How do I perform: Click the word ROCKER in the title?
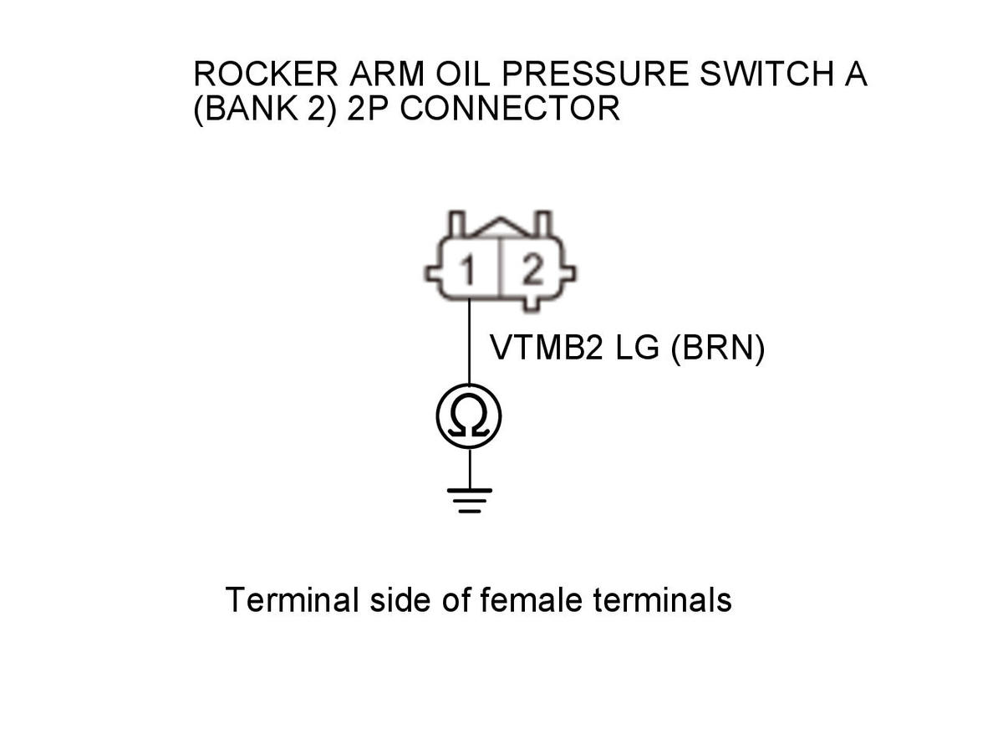pyautogui.click(x=266, y=74)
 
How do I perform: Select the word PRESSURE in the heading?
pyautogui.click(x=595, y=74)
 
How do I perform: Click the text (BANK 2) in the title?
pyautogui.click(x=265, y=109)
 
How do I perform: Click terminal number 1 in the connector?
pyautogui.click(x=468, y=270)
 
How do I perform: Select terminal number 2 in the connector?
pyautogui.click(x=533, y=269)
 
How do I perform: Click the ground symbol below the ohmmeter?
pyautogui.click(x=469, y=501)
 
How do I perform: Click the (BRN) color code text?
pyautogui.click(x=718, y=349)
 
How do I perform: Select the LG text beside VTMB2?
pyautogui.click(x=637, y=347)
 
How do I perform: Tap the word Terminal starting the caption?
pyautogui.click(x=293, y=599)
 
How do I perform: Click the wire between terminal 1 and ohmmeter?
pyautogui.click(x=469, y=342)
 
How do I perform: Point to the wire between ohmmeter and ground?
pyautogui.click(x=470, y=468)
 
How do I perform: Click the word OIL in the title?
pyautogui.click(x=463, y=74)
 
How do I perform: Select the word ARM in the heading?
pyautogui.click(x=386, y=74)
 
